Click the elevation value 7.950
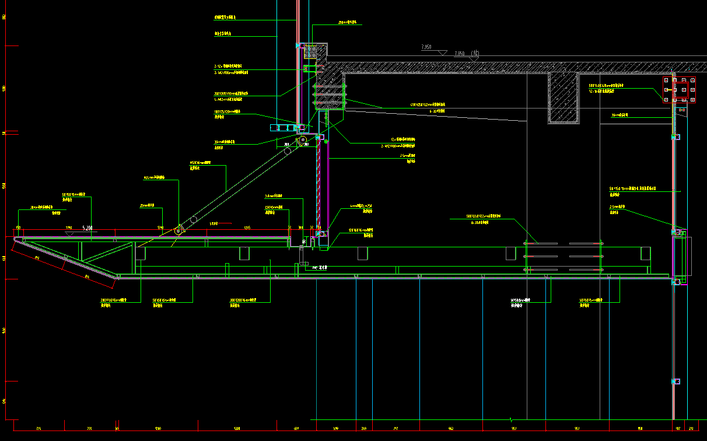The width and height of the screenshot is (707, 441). [426, 46]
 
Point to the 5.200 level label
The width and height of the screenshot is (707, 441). [87, 228]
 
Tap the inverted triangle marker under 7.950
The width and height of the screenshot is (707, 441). [443, 52]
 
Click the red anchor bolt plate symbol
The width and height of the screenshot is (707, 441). [680, 90]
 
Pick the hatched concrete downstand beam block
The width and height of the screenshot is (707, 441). [563, 97]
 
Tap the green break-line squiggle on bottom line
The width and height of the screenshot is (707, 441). [511, 419]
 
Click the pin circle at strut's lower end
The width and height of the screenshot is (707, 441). [178, 231]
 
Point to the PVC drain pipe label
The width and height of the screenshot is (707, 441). [320, 268]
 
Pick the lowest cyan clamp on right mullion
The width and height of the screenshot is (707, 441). [676, 381]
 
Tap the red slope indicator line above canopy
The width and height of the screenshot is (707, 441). [224, 223]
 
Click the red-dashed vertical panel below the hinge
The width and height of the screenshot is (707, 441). [318, 181]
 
